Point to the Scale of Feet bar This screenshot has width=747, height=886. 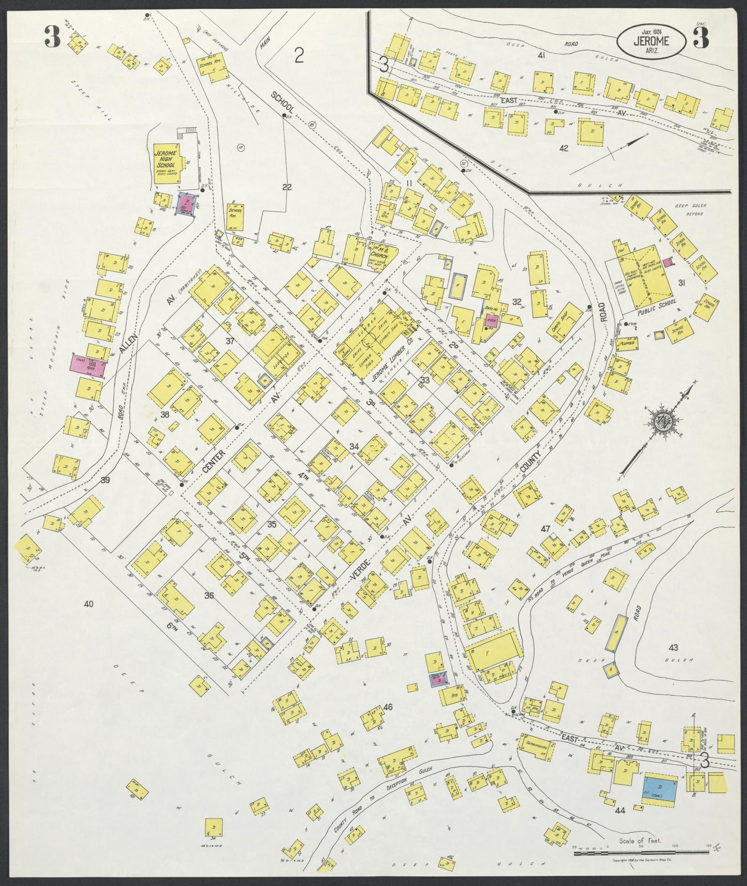(641, 852)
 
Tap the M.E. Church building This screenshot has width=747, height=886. (382, 254)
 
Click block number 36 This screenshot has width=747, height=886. (209, 595)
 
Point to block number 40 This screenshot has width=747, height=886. (89, 603)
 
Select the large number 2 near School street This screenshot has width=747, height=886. (299, 55)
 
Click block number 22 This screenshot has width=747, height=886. (287, 187)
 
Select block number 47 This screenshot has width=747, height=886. (545, 528)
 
